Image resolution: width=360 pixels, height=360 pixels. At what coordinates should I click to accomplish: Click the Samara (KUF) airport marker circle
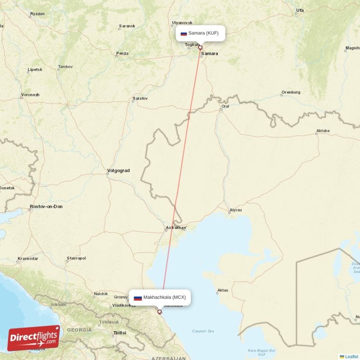click(200, 48)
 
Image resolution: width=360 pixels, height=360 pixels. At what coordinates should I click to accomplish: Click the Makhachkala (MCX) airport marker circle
click(159, 311)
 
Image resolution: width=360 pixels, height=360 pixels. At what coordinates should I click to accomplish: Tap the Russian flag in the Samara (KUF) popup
click(184, 33)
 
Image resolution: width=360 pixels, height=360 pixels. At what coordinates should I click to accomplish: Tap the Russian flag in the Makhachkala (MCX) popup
click(138, 297)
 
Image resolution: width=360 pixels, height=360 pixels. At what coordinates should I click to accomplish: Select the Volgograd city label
click(118, 171)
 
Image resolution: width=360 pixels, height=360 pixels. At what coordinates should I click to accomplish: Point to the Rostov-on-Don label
click(46, 207)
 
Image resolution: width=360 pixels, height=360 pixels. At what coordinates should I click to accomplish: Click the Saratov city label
click(140, 98)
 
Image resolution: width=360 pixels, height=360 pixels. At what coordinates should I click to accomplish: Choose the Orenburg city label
click(291, 92)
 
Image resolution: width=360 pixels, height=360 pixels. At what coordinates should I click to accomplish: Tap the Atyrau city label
click(235, 210)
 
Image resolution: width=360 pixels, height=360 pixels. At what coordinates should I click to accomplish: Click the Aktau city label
click(222, 290)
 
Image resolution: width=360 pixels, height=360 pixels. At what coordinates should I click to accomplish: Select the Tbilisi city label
click(119, 333)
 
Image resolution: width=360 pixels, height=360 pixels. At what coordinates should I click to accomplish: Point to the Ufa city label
click(300, 10)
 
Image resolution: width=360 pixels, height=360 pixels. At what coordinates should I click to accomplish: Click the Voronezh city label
click(30, 95)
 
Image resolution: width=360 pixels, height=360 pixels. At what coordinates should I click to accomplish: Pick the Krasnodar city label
click(27, 259)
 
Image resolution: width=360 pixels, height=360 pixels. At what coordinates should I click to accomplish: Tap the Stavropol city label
click(76, 258)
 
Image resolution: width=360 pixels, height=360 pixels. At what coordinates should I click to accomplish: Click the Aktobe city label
click(323, 131)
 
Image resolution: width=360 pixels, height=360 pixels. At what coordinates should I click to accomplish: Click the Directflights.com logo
click(34, 338)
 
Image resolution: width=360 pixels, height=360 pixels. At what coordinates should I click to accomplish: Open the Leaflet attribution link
click(351, 356)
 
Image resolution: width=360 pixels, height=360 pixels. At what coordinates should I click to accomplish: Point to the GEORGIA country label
click(79, 330)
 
